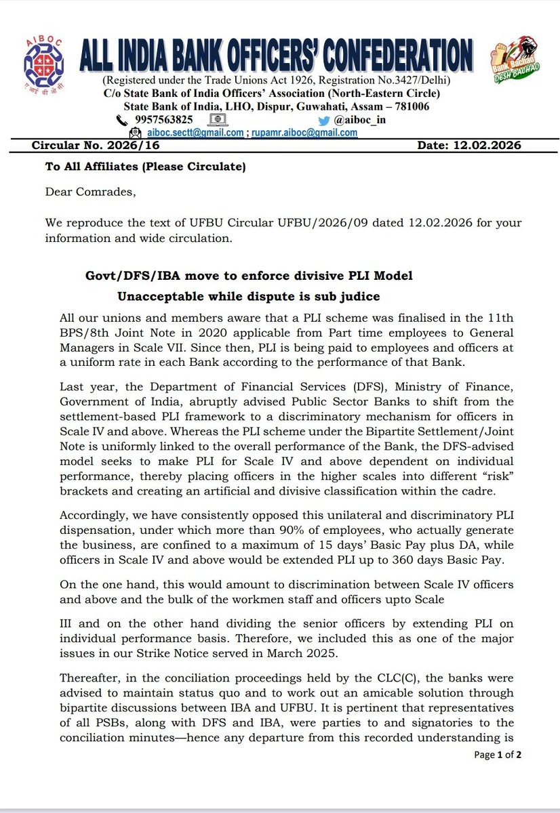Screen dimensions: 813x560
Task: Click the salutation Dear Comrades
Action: pos(91,192)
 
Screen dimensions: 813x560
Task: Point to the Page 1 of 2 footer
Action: pos(498,754)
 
